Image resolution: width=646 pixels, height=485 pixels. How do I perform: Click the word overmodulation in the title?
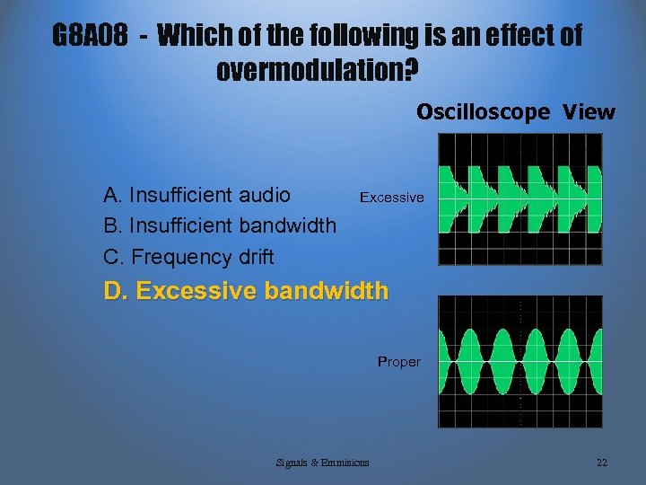point(310,69)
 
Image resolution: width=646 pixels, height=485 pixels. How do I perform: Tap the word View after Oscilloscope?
point(589,112)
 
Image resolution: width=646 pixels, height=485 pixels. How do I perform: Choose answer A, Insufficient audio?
point(197,195)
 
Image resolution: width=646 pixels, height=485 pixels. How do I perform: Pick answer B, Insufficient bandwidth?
point(220,225)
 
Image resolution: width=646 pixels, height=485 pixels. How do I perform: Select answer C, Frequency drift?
point(188,257)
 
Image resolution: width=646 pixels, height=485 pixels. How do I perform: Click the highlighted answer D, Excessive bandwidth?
point(247,291)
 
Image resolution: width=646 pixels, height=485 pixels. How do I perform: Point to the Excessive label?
point(391,197)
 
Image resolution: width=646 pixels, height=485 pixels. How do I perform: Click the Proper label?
point(398,362)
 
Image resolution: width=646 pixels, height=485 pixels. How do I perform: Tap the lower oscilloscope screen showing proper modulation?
point(520,361)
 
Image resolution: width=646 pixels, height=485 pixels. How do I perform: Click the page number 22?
point(601,463)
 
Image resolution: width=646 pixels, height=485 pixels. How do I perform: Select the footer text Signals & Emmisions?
point(323,463)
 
